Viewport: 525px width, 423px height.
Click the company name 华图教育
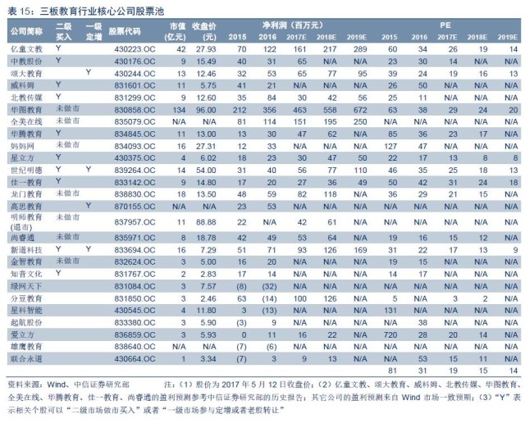[x=25, y=109]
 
